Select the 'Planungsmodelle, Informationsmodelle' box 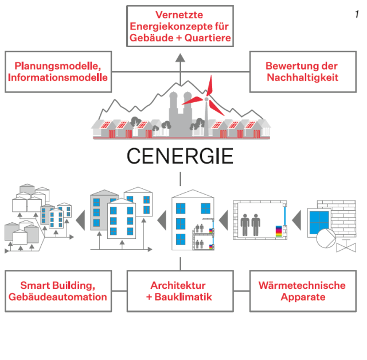58,72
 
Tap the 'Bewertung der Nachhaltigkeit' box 302,72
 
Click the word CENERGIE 179,156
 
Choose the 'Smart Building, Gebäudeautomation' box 58,291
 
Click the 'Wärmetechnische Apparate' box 302,291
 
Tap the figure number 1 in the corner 356,14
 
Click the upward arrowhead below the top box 180,57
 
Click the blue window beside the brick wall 318,221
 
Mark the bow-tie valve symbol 346,247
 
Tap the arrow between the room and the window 296,218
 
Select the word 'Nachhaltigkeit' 302,77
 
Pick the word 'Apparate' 302,297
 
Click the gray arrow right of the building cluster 80,219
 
